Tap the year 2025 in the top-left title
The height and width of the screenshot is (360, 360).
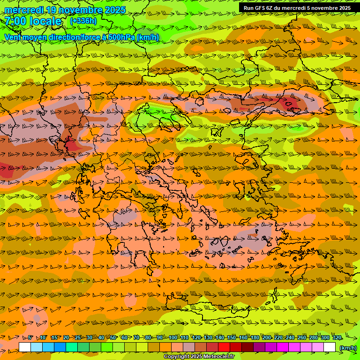pos(114,10)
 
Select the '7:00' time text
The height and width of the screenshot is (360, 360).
pos(15,21)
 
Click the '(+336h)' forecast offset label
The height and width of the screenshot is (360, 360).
pos(83,21)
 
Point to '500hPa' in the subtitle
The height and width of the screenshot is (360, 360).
pos(122,37)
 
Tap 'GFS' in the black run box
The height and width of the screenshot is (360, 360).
pos(261,8)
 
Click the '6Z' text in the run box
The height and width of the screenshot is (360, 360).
pos(270,8)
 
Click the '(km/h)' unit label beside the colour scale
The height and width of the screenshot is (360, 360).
pos(347,347)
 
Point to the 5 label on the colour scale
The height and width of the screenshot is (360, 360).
pos(30,338)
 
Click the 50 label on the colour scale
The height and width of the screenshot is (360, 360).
pos(113,338)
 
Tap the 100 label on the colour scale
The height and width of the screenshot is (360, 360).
pos(172,338)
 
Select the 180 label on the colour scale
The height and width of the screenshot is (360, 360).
pos(255,338)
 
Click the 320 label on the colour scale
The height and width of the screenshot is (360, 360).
pos(337,338)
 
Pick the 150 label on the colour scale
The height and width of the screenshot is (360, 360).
pos(231,338)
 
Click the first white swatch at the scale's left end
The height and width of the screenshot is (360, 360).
pos(25,347)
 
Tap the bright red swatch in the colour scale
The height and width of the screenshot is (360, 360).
pos(224,347)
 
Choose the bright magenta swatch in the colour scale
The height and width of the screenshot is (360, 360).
pos(283,347)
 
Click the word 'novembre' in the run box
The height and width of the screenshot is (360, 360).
pos(323,8)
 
